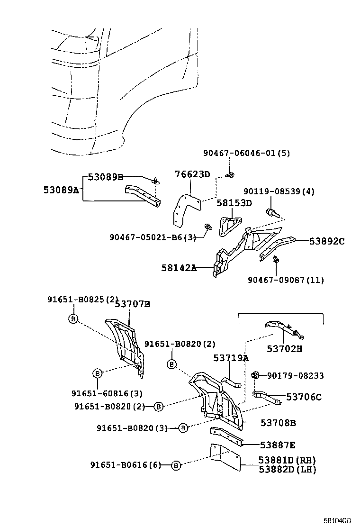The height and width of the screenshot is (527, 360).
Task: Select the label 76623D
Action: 192,174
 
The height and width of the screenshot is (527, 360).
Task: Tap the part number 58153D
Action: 234,203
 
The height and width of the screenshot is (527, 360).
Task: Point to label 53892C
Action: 327,241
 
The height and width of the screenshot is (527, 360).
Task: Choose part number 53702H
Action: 284,349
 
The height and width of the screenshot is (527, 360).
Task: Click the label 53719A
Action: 231,358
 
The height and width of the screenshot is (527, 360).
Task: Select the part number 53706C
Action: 304,397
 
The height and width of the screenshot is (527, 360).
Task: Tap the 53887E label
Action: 278,445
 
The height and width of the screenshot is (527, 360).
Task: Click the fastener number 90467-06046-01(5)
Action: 246,153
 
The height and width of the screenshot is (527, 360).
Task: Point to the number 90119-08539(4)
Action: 279,191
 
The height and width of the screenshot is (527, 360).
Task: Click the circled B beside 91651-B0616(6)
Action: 176,466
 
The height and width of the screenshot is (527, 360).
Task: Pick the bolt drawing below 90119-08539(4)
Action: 272,212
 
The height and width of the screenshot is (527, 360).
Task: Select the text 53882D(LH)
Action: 287,469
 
